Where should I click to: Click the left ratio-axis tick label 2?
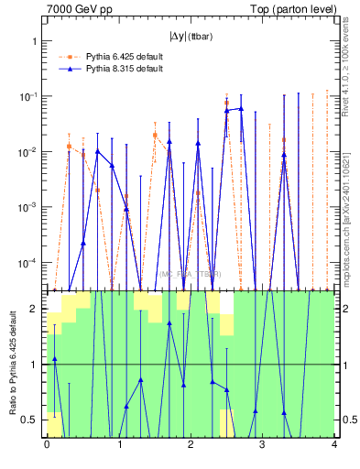click(x=35, y=310)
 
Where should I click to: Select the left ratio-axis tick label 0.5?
click(x=31, y=420)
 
